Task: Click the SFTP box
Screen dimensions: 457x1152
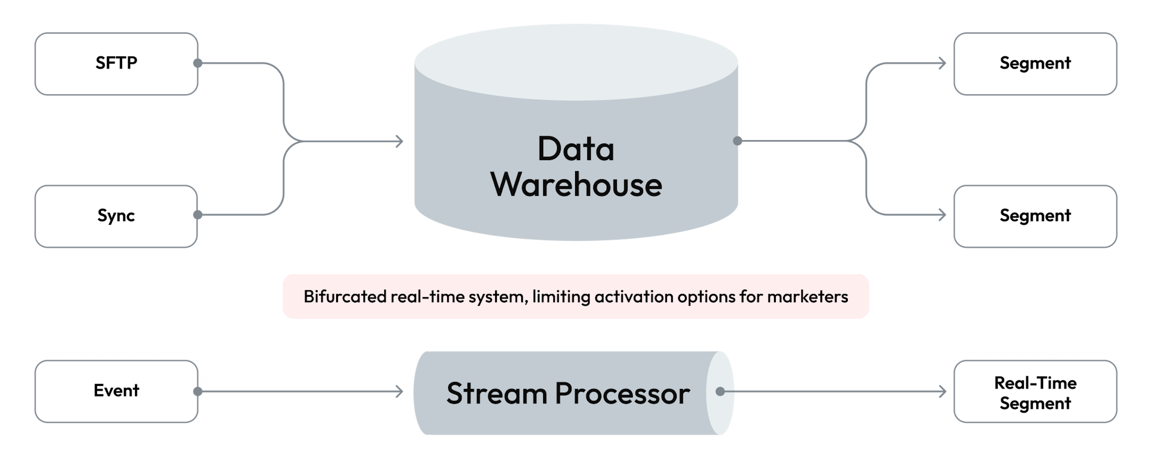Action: coord(116,63)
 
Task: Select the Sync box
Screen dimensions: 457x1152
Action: coord(116,216)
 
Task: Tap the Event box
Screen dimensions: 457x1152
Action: coord(116,391)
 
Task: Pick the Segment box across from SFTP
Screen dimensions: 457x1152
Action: coord(1035,63)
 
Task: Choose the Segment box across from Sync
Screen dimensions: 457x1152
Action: coord(1035,216)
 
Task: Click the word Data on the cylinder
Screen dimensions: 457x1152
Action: coord(576,149)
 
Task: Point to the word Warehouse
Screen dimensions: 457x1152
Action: coord(576,185)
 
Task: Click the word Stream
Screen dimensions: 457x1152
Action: coord(496,394)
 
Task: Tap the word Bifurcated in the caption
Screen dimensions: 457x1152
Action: coord(345,297)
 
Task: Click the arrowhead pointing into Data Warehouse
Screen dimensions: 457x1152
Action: coord(400,141)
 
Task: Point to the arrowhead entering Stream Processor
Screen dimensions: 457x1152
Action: coord(400,391)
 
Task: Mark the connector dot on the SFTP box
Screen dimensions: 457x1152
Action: coord(197,63)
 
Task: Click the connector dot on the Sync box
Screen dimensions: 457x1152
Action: coord(197,214)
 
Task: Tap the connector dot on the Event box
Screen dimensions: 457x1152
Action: coord(197,391)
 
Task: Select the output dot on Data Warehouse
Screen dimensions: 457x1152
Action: coord(738,141)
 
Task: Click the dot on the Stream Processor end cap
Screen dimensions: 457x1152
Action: coord(720,391)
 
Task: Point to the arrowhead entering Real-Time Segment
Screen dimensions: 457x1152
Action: coord(944,391)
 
